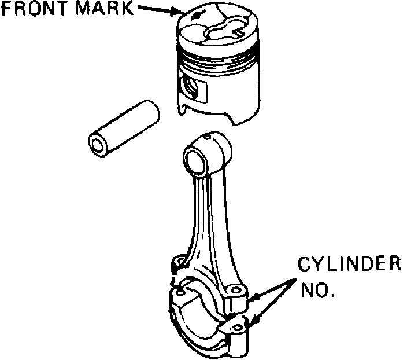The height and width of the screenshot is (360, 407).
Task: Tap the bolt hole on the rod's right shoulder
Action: point(235,288)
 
